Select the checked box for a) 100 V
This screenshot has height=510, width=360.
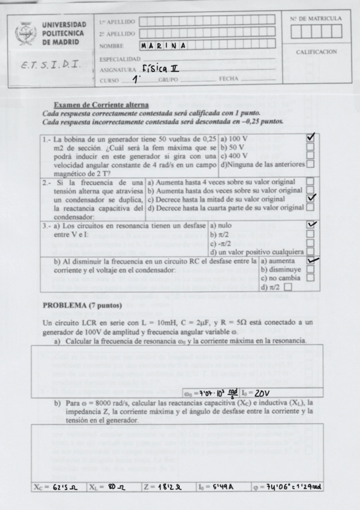click(310, 138)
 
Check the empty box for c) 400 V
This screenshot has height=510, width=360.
click(310, 155)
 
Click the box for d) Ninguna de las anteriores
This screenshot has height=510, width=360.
click(310, 163)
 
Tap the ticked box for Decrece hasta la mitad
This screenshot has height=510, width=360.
click(310, 198)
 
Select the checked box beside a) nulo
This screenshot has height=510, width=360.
click(310, 224)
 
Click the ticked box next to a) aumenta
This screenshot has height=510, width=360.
click(310, 261)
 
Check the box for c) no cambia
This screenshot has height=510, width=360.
click(310, 278)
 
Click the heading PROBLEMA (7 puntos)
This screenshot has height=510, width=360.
click(82, 305)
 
